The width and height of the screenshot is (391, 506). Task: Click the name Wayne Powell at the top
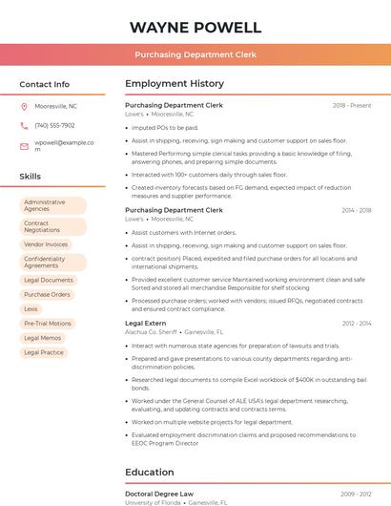195,27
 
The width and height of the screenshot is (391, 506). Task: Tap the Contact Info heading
44,84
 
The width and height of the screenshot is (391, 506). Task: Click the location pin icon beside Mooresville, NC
24,107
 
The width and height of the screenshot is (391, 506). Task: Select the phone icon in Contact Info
24,125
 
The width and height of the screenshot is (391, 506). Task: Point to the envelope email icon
24,145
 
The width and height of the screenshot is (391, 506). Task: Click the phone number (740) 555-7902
54,125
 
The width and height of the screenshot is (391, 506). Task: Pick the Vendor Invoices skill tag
46,244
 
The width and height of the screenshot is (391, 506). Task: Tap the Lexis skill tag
31,309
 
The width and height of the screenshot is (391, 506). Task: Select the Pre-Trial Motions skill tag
48,324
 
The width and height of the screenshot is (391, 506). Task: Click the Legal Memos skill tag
43,338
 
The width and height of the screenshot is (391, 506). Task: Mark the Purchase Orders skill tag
47,295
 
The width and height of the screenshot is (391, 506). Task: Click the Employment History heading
175,84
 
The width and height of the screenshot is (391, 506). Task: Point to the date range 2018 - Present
352,105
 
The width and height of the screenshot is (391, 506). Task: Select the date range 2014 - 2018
356,210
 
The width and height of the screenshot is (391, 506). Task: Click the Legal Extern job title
145,324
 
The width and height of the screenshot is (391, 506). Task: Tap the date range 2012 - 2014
356,324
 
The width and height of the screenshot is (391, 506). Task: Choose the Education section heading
150,472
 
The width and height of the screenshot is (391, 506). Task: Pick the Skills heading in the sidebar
31,177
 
